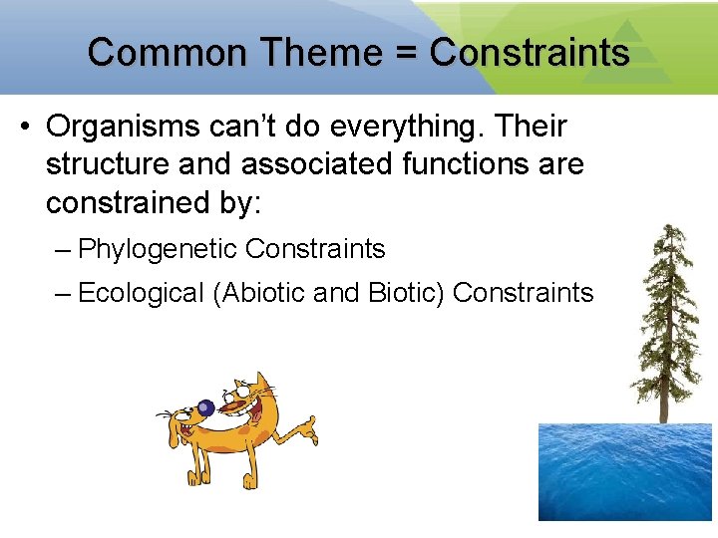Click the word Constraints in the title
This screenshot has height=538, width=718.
(x=530, y=52)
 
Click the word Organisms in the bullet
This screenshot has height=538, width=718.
(x=118, y=128)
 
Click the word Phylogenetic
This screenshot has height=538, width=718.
(x=157, y=249)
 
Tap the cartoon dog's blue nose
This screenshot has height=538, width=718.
(x=205, y=406)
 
